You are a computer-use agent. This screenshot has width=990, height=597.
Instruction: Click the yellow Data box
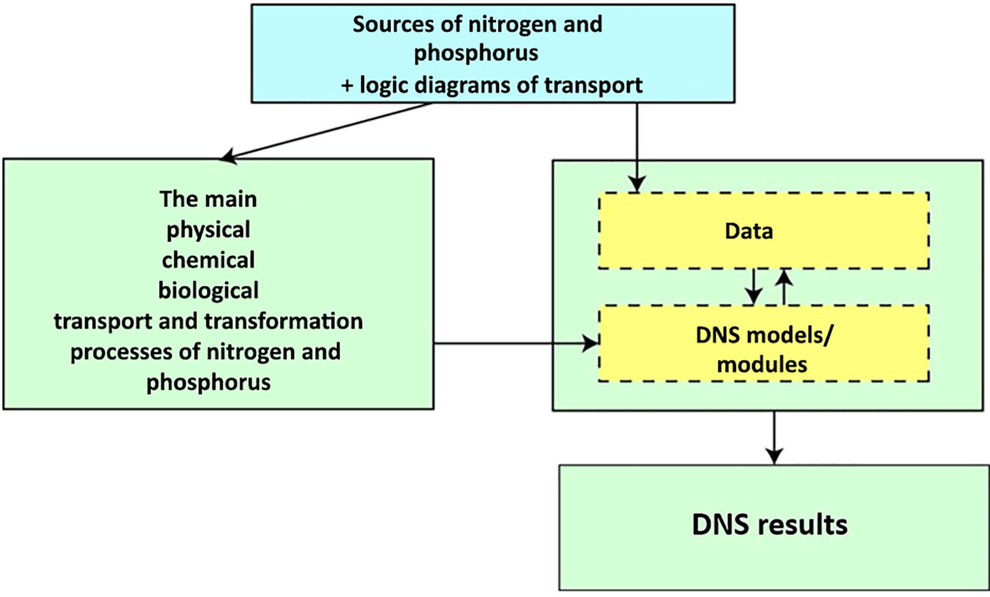763,231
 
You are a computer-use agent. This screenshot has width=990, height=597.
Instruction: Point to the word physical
208,230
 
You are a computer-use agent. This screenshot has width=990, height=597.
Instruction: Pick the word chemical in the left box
208,260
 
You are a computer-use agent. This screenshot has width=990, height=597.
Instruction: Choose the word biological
208,291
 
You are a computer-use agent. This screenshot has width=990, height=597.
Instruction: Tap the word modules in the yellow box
762,365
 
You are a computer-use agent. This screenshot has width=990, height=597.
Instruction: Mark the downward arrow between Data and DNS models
754,287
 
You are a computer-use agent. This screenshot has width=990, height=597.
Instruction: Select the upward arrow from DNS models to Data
784,287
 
